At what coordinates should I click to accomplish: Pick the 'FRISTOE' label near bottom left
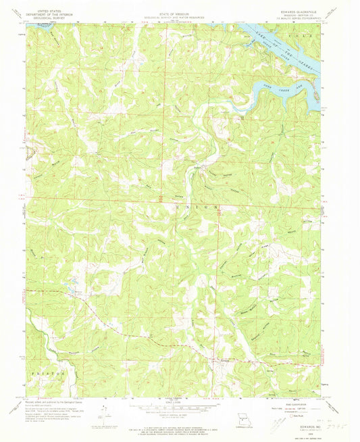(x=41, y=372)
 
